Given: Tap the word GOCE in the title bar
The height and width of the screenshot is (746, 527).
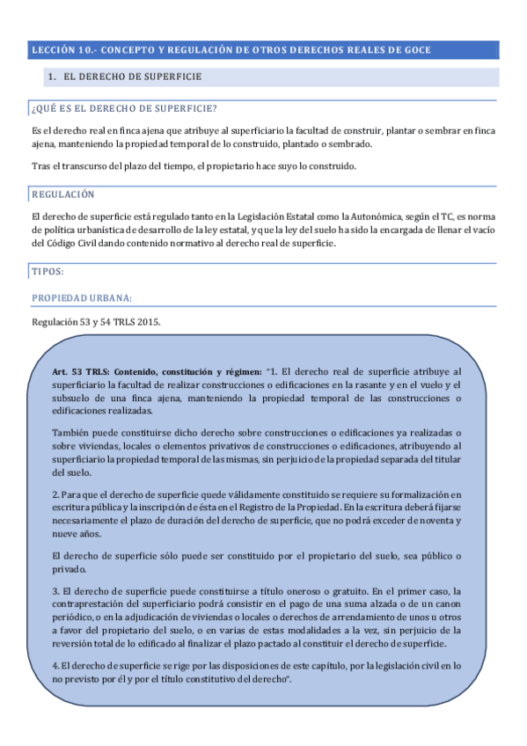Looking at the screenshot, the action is pyautogui.click(x=415, y=51).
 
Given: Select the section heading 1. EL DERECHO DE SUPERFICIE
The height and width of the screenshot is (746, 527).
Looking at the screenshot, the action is pyautogui.click(x=126, y=77).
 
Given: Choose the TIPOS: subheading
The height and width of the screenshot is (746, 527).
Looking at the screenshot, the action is pyautogui.click(x=47, y=273).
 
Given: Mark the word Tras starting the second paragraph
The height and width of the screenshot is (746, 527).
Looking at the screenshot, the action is pyautogui.click(x=40, y=167).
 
